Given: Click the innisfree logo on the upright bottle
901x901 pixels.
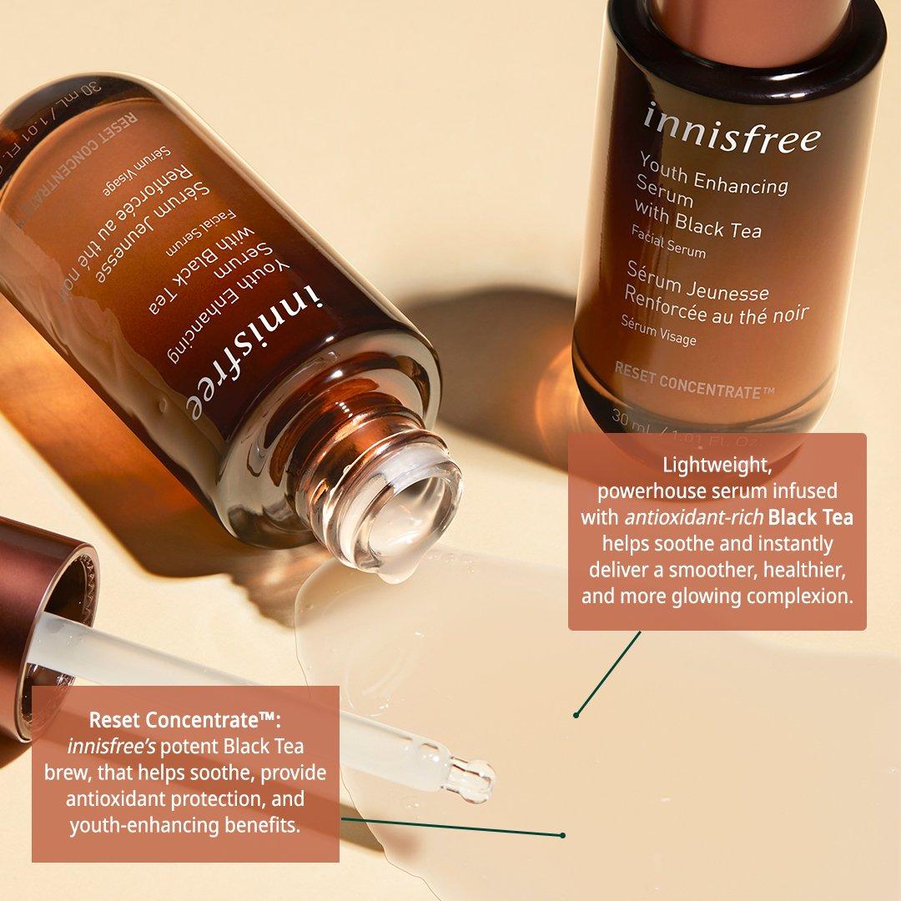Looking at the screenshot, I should point(731,128).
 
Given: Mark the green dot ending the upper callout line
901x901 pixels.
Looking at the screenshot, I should point(576,715).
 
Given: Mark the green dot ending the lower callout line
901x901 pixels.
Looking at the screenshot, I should point(563,834).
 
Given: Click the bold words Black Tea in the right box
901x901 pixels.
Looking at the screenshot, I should point(810,517).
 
